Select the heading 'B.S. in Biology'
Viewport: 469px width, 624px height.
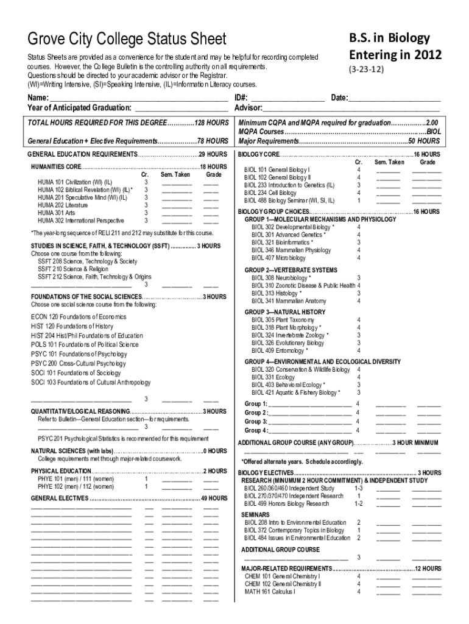point(389,38)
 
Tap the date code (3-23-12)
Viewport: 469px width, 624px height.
point(367,70)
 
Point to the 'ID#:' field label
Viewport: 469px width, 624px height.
point(241,97)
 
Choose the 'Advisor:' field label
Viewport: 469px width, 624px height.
point(249,108)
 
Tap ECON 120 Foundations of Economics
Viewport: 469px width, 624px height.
point(79,317)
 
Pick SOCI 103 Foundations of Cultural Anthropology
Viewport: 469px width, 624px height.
point(91,383)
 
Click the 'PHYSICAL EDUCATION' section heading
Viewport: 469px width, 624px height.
point(60,471)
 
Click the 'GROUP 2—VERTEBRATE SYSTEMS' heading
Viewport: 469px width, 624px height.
point(291,270)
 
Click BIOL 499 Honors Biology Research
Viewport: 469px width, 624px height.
point(286,504)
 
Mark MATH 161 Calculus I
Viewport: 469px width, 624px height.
point(270,591)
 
